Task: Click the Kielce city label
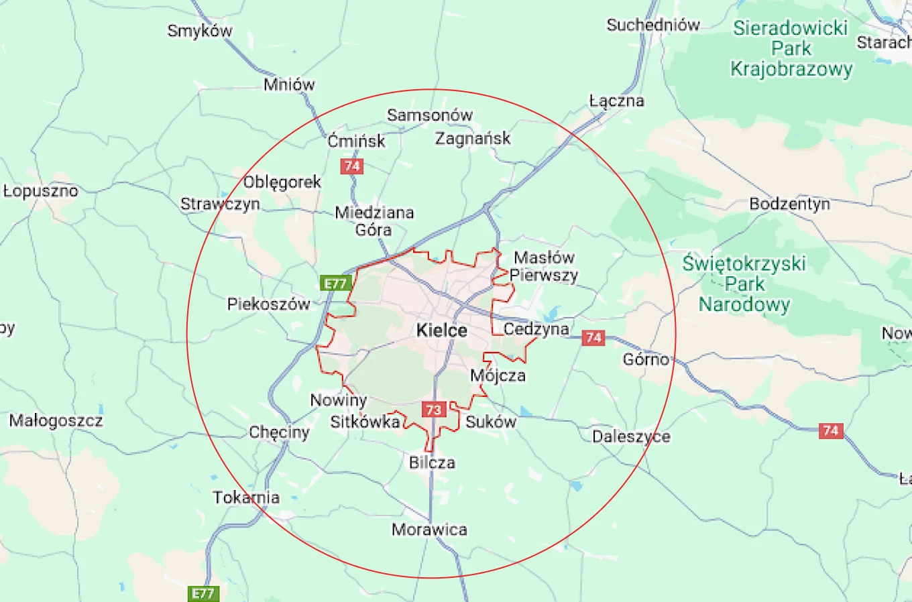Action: [441, 330]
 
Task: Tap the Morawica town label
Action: [429, 530]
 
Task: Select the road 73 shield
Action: [434, 410]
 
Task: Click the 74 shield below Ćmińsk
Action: [351, 166]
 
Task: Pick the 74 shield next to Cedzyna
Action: [593, 337]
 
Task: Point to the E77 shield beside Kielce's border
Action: [335, 284]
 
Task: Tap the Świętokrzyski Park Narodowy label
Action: [744, 284]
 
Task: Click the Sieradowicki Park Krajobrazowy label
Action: [791, 48]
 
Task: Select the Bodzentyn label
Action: [789, 204]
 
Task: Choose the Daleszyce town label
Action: [631, 436]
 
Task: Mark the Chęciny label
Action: [279, 432]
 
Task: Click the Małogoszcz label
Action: [56, 421]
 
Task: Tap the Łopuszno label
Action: [41, 191]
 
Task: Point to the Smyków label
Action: [200, 31]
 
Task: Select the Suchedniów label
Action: [652, 25]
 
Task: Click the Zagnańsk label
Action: [473, 139]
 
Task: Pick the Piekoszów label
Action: [268, 304]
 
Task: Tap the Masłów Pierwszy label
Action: [544, 266]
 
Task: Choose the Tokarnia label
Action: [246, 497]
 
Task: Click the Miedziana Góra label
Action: [374, 221]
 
